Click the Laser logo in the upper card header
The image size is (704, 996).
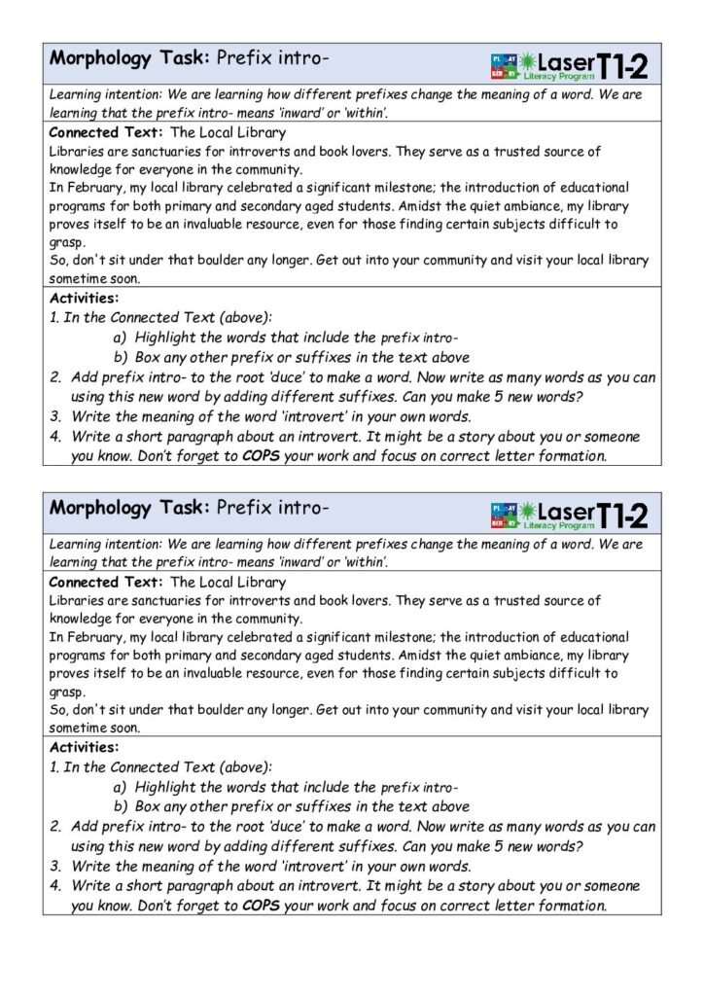click(554, 65)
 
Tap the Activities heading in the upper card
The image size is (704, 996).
click(85, 299)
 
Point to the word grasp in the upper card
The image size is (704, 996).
click(67, 242)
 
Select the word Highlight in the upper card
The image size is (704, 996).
click(169, 338)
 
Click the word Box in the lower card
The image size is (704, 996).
click(148, 806)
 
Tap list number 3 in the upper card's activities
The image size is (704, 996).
click(56, 416)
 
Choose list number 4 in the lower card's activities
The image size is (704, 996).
click(56, 886)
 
